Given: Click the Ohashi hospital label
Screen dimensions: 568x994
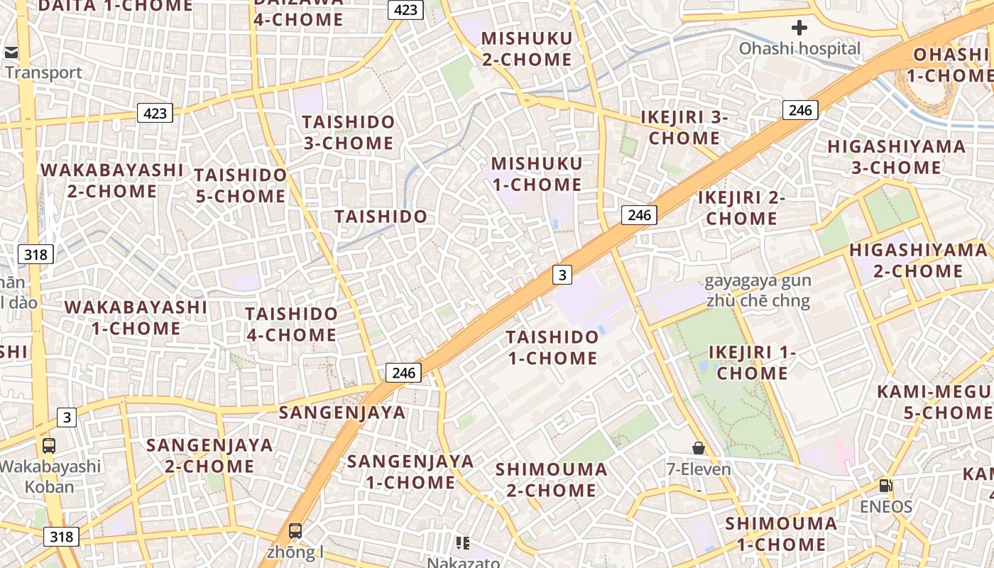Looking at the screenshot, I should [x=799, y=49].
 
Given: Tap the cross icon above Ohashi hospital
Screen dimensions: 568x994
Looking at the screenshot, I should [x=799, y=28].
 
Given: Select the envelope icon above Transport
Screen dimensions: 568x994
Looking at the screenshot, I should [x=11, y=52].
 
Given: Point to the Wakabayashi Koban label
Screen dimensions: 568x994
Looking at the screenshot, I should [x=50, y=476].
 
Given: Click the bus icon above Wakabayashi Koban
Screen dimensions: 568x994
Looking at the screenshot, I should [x=49, y=446].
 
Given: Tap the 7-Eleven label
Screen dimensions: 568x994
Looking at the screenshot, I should [x=699, y=469].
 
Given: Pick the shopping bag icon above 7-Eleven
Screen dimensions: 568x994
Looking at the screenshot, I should [x=699, y=448].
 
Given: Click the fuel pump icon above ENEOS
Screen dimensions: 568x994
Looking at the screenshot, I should [x=885, y=486].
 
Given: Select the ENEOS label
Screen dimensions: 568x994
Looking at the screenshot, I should [x=885, y=507].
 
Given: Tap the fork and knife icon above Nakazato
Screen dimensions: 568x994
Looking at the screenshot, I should [x=463, y=543].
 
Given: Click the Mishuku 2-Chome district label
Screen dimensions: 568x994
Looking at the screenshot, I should [x=527, y=48].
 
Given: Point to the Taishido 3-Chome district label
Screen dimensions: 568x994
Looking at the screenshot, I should [x=349, y=132].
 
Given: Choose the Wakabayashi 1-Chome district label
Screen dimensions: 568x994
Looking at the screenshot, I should [x=136, y=317].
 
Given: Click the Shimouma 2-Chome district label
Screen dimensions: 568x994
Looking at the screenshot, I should [x=551, y=479].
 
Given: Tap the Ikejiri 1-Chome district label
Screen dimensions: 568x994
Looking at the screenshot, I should [x=752, y=363].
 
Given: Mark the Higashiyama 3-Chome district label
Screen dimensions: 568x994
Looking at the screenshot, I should [x=896, y=157].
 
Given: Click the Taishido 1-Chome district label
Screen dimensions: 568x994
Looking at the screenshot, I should [x=553, y=347].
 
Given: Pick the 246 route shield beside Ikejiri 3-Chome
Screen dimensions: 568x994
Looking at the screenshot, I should [x=800, y=110].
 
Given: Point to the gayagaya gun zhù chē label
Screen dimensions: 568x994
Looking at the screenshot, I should [x=758, y=290].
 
